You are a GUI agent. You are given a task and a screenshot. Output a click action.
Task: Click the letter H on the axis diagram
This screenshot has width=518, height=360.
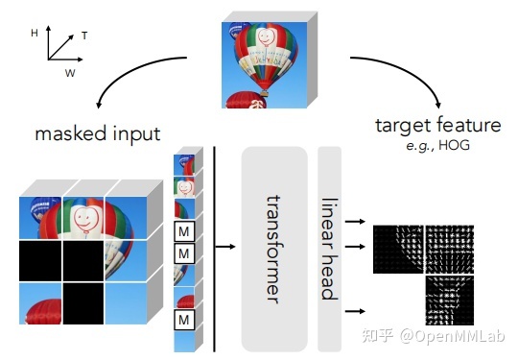tap(35, 32)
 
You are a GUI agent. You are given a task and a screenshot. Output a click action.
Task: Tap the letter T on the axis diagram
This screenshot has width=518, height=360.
tap(85, 36)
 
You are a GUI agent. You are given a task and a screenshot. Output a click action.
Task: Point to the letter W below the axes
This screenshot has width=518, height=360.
tap(70, 72)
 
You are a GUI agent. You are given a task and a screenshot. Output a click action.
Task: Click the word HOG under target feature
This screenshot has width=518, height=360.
tap(462, 144)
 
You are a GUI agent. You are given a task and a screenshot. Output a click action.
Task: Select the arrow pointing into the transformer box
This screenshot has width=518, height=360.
tap(226, 247)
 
